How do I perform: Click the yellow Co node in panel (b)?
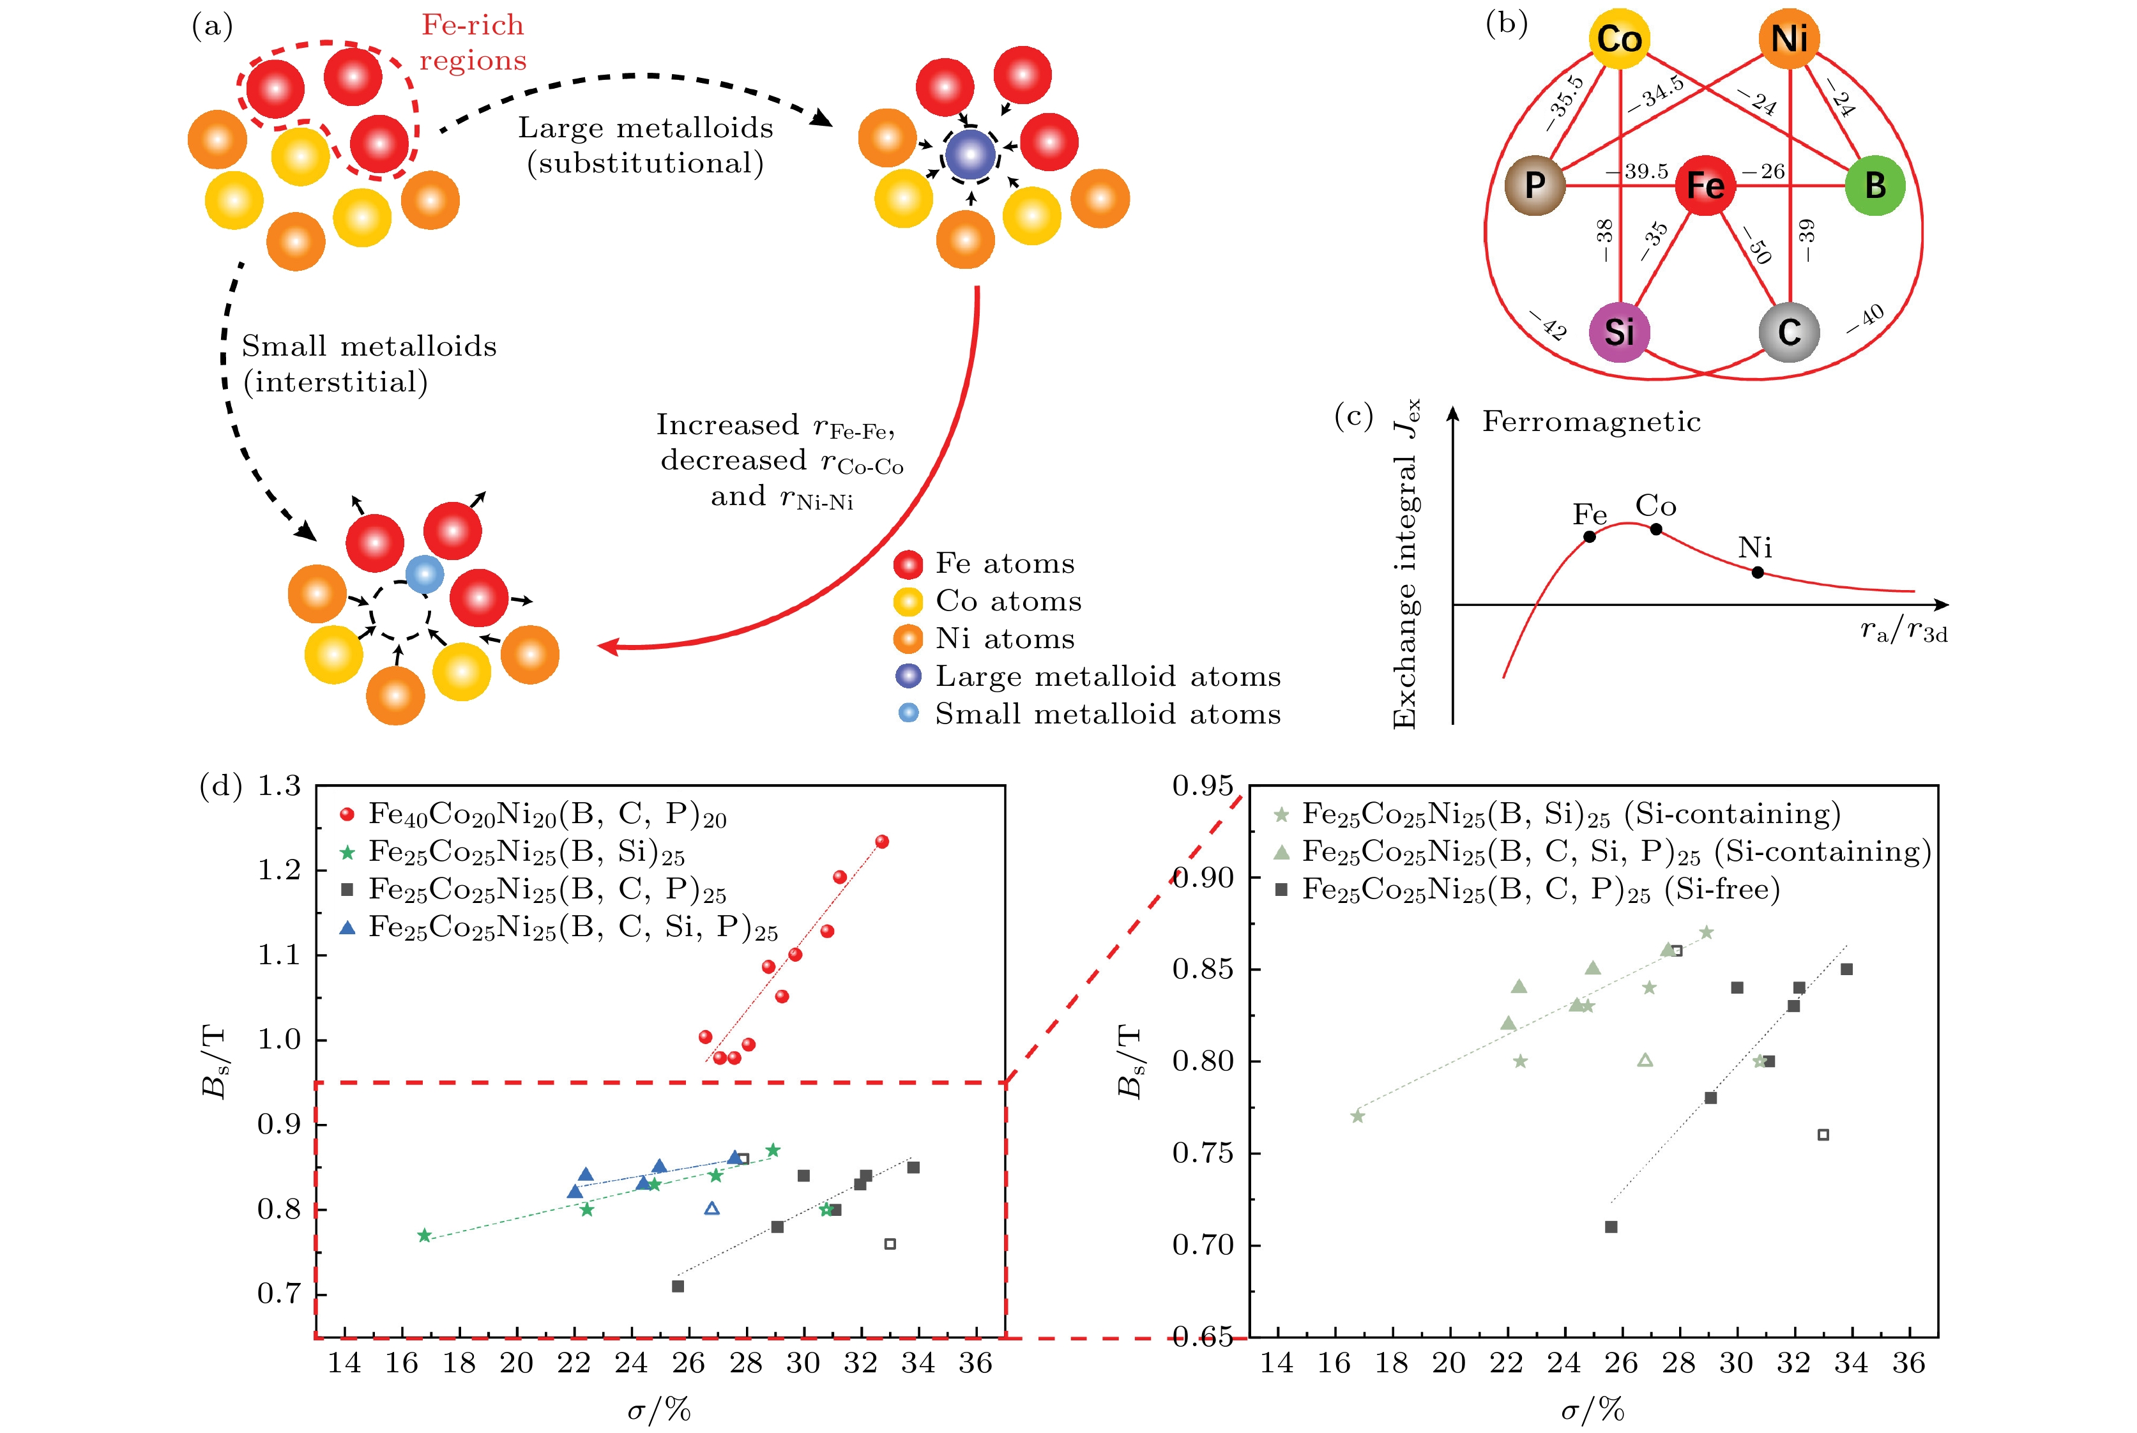pos(1619,40)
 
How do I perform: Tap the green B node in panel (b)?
pos(1875,186)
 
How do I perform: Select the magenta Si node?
pos(1619,331)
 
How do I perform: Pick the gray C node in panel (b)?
pos(1789,331)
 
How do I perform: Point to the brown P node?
pos(1535,186)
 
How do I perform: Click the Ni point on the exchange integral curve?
pos(1758,573)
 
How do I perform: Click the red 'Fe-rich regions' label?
pos(473,42)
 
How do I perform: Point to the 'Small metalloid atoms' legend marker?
pos(909,713)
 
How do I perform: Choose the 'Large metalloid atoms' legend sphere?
pos(909,676)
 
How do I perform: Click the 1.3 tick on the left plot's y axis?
pos(278,786)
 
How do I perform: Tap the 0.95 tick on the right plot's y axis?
pos(1203,786)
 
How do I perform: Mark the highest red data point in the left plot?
pos(882,842)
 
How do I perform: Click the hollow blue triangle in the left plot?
pos(712,1208)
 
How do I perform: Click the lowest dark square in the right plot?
pos(1611,1227)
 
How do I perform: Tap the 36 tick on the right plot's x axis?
pos(1908,1363)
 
